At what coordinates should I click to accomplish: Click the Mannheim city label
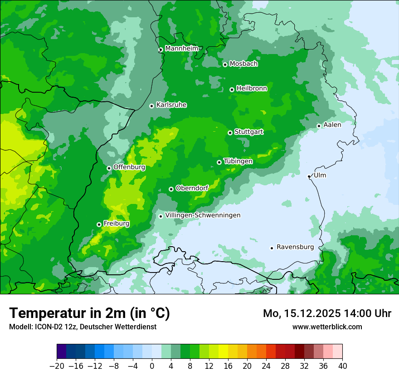click(182, 48)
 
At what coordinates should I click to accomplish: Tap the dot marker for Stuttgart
click(230, 133)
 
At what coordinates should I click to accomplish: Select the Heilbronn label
click(252, 88)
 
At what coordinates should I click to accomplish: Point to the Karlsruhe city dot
click(152, 106)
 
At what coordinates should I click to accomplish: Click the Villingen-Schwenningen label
click(203, 215)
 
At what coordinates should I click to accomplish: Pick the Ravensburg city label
click(295, 247)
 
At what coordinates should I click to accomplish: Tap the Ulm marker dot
click(309, 176)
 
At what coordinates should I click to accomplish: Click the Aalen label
click(332, 124)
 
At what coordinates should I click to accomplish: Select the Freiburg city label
click(117, 223)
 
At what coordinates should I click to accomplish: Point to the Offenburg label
click(129, 167)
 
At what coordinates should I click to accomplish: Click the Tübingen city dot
click(219, 162)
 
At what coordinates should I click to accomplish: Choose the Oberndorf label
click(192, 188)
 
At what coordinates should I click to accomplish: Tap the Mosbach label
click(243, 64)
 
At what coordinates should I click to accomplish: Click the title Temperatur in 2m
click(89, 313)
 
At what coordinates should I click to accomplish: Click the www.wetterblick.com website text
click(327, 327)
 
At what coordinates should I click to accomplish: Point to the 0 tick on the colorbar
click(152, 366)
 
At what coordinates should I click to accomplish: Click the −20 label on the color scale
click(57, 366)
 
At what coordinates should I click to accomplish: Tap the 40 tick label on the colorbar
click(342, 366)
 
